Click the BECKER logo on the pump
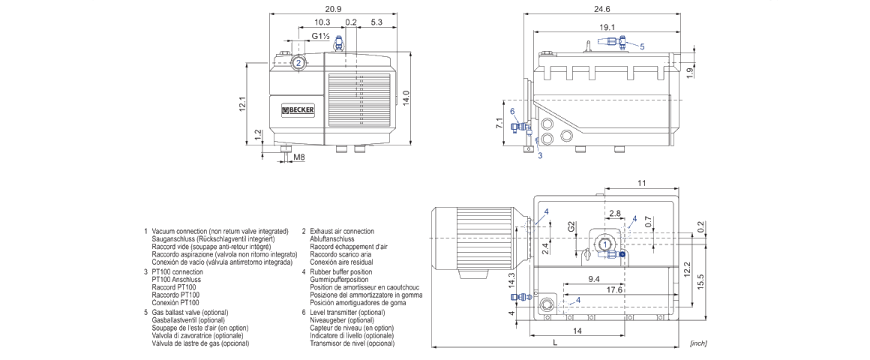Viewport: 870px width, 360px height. pos(298,111)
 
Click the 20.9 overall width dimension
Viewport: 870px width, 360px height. pos(334,8)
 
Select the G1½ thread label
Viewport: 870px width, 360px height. pos(320,36)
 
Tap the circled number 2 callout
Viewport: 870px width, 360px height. pos(298,63)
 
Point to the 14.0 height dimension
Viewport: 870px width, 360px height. pos(406,97)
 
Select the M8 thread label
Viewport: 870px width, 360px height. pos(299,157)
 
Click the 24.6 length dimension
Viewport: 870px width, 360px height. pos(601,8)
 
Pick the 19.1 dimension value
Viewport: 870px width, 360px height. pos(607,27)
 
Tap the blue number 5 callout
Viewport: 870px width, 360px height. pos(642,46)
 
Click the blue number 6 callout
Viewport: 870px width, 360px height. pos(512,111)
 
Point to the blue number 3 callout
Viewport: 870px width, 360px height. pos(539,156)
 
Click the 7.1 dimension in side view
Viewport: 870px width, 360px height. pos(499,123)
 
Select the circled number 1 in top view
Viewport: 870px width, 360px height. pos(604,244)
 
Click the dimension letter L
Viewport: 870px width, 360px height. pos(554,343)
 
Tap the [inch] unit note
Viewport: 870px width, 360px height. pos(697,343)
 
